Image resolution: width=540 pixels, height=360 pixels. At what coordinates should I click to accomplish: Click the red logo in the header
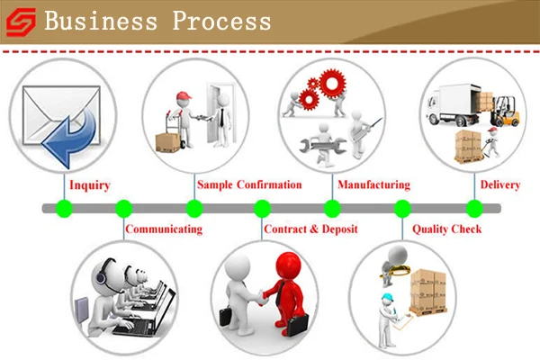(22, 22)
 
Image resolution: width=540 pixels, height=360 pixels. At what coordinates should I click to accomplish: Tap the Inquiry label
(89, 185)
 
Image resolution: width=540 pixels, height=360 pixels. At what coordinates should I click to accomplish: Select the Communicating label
(164, 229)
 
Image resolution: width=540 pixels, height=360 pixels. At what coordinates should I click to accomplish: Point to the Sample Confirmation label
(249, 185)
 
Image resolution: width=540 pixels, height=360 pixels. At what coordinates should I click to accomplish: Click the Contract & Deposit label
(310, 229)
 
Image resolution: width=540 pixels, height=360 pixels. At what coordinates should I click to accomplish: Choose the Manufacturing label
(373, 185)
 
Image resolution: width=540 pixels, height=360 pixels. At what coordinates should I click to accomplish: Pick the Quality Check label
(446, 229)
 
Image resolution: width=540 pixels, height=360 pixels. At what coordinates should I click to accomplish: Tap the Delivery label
(499, 185)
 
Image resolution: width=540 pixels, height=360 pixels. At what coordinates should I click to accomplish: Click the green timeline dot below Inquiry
(64, 209)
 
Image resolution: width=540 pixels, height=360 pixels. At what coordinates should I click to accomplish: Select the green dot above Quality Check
(402, 209)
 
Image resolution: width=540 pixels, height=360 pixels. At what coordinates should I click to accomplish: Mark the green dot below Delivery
(473, 209)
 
